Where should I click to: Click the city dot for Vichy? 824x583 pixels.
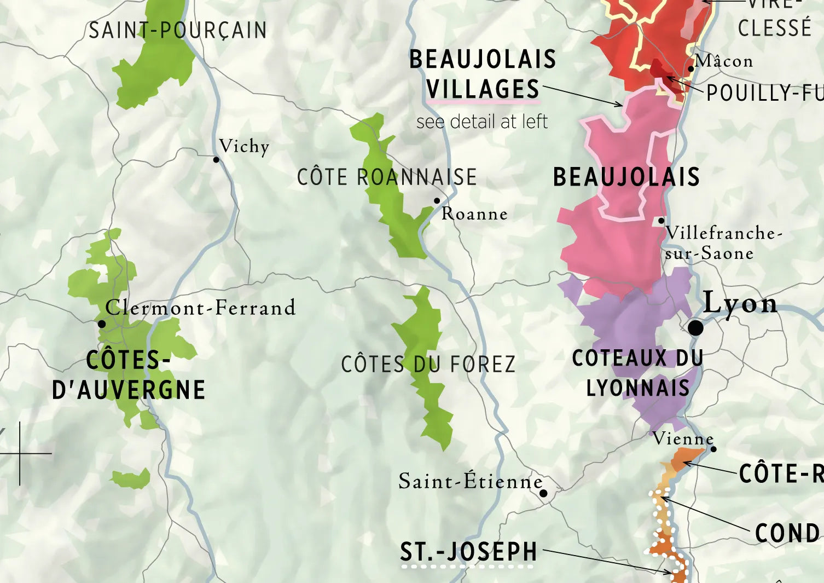[216, 159]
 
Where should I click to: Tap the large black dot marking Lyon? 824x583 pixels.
[695, 328]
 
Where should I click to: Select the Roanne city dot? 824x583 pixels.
[437, 200]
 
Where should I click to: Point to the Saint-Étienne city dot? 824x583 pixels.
[543, 493]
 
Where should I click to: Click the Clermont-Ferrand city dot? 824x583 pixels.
[102, 324]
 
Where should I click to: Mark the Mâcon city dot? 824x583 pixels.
[691, 69]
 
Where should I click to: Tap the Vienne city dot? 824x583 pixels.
[713, 449]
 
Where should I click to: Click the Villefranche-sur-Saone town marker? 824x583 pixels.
[661, 221]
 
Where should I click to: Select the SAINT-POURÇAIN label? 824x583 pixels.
[178, 30]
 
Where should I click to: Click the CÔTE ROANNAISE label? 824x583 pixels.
[387, 177]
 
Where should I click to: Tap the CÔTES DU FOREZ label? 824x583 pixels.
[428, 365]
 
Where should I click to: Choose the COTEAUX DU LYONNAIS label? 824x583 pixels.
[638, 373]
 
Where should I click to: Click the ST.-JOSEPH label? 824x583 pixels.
[468, 552]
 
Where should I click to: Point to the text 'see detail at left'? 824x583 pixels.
[481, 122]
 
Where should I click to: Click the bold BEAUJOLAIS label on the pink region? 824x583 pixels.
[626, 177]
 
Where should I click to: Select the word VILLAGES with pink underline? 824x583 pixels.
[483, 89]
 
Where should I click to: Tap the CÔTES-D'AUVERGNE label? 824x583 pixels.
[129, 375]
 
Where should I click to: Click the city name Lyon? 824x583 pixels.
[740, 302]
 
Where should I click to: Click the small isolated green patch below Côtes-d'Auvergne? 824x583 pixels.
[131, 479]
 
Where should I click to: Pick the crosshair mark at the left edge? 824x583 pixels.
[20, 453]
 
